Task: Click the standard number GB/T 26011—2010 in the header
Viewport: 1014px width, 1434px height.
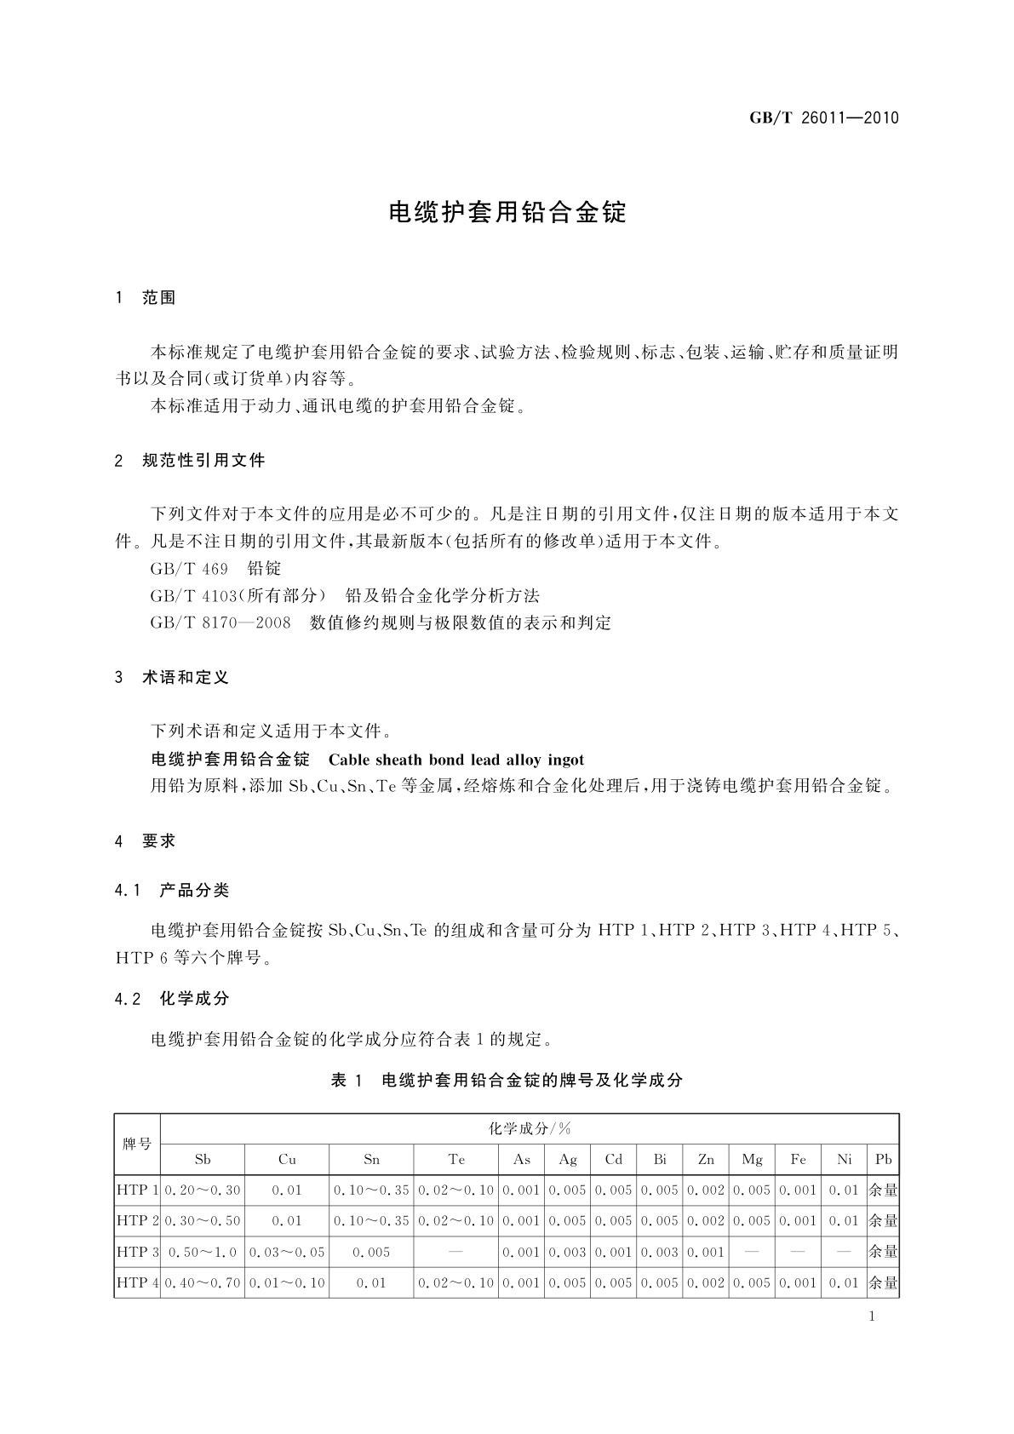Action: click(823, 118)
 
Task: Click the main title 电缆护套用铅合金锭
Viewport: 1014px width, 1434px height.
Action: click(507, 213)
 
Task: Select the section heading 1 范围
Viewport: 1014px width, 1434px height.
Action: click(146, 298)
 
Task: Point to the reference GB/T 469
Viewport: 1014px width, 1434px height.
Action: click(177, 568)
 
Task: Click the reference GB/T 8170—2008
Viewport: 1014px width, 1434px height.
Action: click(220, 622)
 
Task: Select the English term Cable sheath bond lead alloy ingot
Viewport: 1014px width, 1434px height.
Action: click(455, 760)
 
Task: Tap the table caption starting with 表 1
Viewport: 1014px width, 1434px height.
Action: click(507, 1081)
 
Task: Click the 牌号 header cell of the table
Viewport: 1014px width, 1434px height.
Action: click(136, 1144)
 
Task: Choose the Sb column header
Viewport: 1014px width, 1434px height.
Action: click(203, 1159)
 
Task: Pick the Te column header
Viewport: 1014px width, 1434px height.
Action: click(456, 1159)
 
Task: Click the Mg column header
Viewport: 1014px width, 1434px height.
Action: click(753, 1159)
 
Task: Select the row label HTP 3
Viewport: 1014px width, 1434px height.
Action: click(137, 1252)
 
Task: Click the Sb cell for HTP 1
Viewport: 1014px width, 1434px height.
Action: click(203, 1190)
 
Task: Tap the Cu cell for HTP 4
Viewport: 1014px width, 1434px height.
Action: click(287, 1282)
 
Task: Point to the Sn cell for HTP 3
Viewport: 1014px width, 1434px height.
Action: click(372, 1252)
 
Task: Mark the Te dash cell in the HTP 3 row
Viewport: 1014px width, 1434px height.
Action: click(456, 1252)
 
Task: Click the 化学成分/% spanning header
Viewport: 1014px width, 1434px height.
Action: click(530, 1128)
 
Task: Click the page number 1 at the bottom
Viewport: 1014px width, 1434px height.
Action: click(872, 1316)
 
